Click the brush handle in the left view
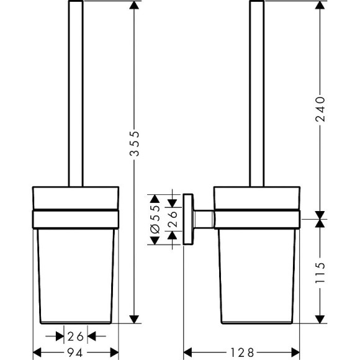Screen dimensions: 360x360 point(75,93)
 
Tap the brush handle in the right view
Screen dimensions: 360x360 point(256,93)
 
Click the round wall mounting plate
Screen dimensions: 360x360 point(188,220)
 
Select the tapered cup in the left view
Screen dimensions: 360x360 point(75,273)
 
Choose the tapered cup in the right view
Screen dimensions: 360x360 point(256,273)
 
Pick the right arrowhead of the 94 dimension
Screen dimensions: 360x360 point(115,352)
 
